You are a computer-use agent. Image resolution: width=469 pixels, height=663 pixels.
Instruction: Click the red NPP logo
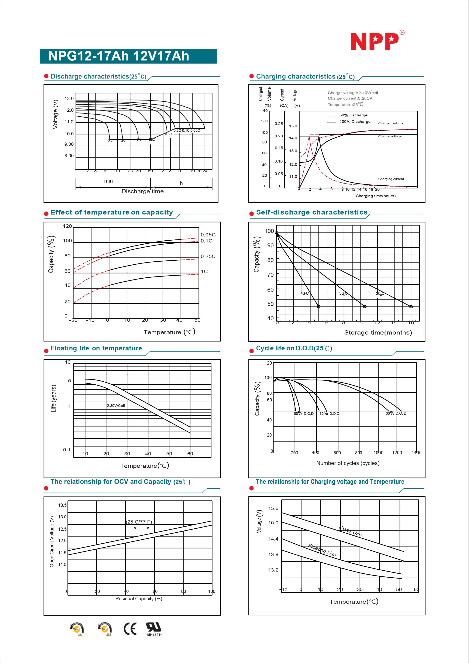pos(375,41)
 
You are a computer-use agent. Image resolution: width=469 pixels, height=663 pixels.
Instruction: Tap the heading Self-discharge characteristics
pos(312,212)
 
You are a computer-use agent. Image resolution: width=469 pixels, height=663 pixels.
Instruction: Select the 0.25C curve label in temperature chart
pos(208,256)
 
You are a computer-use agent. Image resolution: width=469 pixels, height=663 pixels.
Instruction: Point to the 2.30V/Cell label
pos(116,405)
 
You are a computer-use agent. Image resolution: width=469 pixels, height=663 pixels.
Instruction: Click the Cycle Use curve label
pos(350,531)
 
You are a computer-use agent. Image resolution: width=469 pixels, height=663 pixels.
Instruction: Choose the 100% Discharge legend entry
pos(355,122)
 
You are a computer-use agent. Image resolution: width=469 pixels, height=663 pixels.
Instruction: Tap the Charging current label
pos(391,179)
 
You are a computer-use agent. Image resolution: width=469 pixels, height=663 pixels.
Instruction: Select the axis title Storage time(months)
pos(378,332)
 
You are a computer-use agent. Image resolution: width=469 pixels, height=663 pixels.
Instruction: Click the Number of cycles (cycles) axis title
pos(348,463)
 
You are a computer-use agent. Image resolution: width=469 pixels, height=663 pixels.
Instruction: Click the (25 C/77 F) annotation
pos(139,521)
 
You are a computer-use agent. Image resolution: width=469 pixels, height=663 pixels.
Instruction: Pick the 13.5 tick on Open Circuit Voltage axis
pos(62,505)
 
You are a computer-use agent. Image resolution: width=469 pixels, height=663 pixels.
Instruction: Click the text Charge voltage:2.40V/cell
pos(352,93)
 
